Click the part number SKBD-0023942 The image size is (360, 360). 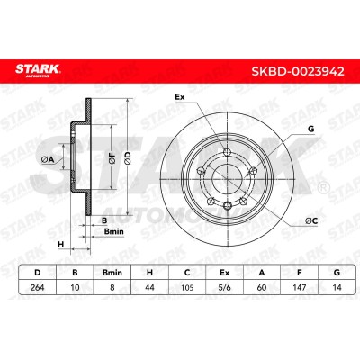(298, 72)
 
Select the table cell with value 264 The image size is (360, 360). (38, 287)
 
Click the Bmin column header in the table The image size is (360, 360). (112, 273)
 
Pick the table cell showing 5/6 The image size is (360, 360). (224, 287)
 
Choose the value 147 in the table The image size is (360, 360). (300, 287)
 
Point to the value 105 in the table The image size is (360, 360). (187, 287)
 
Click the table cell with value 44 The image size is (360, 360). (149, 287)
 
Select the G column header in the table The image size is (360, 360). (337, 273)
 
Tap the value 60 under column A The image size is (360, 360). (262, 287)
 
